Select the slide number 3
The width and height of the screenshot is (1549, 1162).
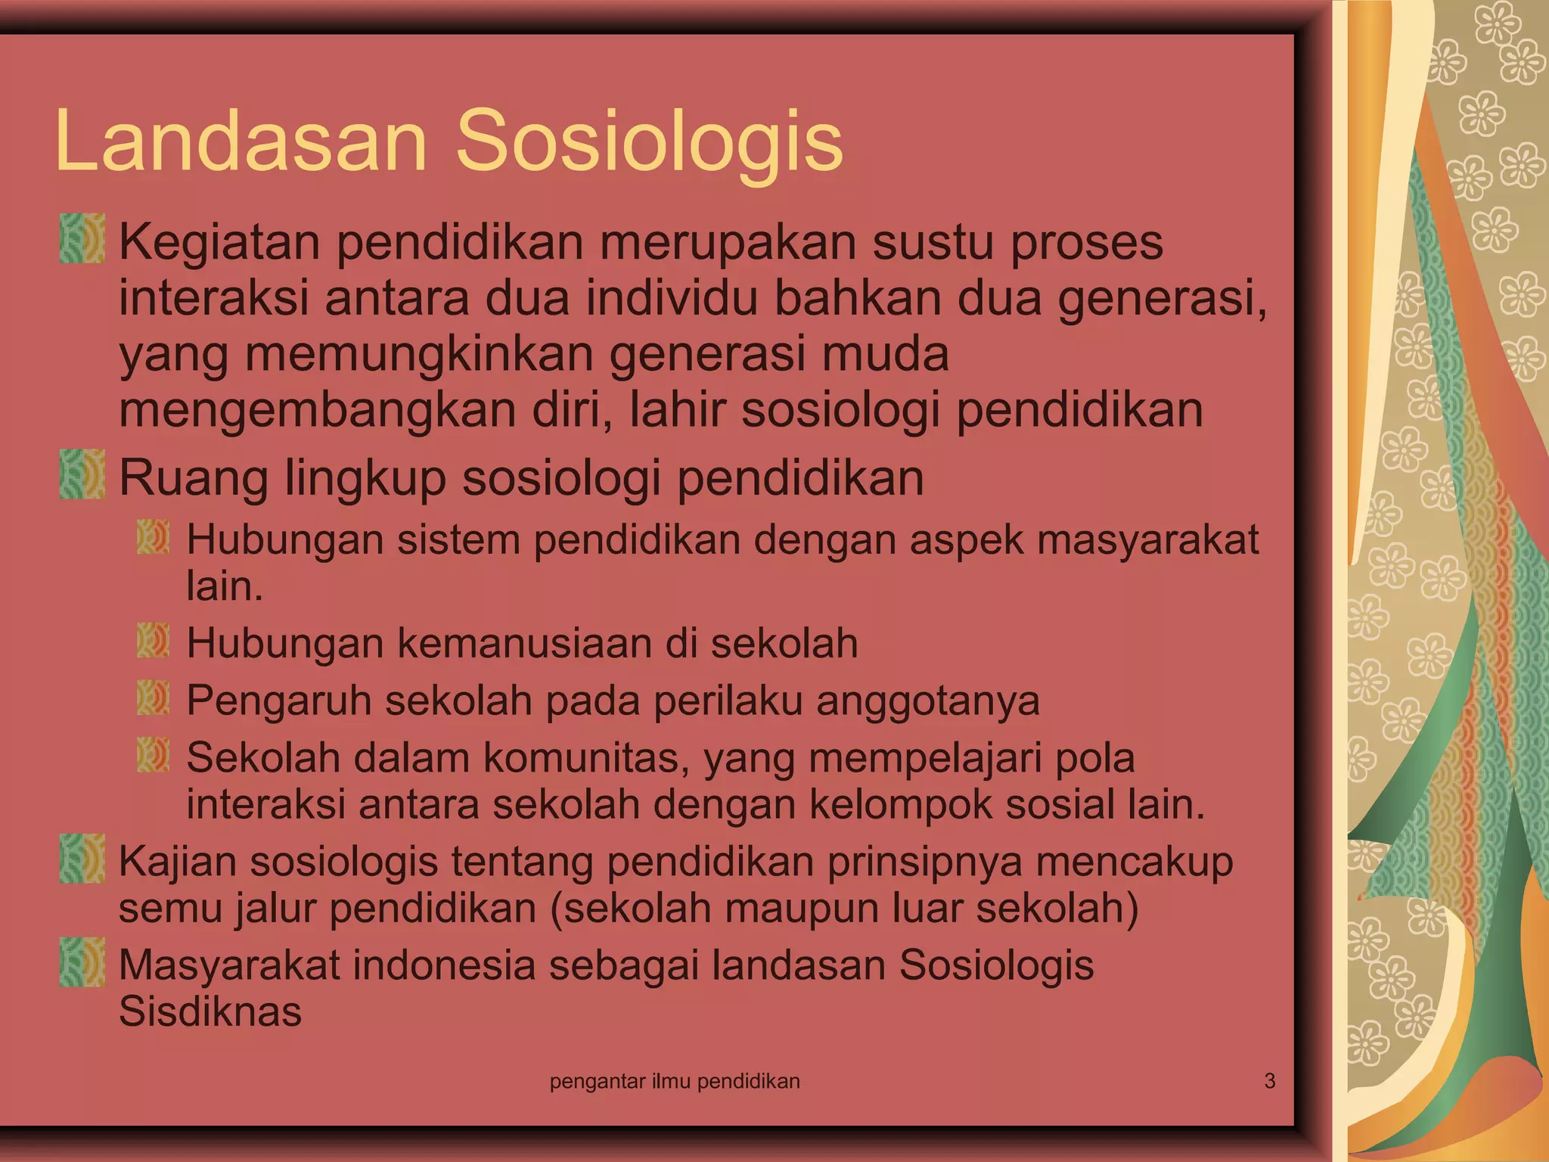click(x=1270, y=1081)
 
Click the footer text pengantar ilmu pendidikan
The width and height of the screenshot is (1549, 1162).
click(x=675, y=1082)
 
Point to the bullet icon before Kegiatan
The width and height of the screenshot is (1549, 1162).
click(x=82, y=238)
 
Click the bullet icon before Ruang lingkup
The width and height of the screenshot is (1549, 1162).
click(x=82, y=474)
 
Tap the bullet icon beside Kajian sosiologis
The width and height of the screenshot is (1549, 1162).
click(x=82, y=858)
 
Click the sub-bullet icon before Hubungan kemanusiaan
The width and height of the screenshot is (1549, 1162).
click(x=153, y=640)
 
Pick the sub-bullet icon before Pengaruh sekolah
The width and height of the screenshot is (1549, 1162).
click(x=153, y=698)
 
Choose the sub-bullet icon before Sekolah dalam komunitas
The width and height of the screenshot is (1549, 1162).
click(x=153, y=755)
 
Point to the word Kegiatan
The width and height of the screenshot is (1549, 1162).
click(x=219, y=244)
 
